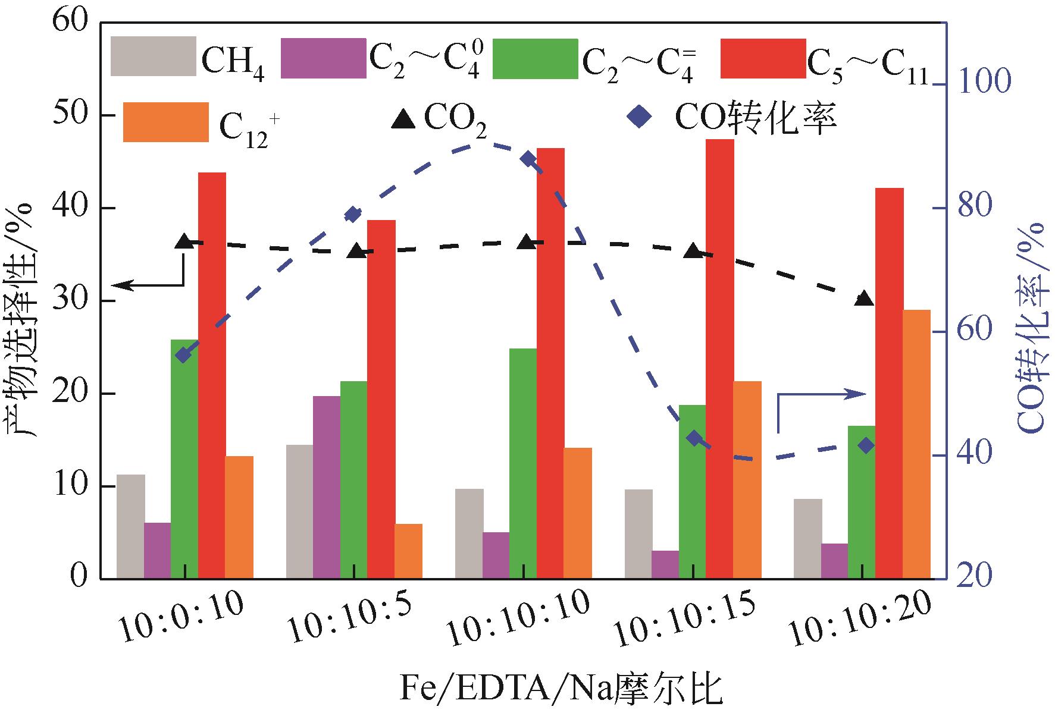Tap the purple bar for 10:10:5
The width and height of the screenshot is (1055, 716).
326,487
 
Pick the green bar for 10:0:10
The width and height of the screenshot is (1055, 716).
184,459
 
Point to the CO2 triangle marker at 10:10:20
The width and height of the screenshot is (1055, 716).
864,299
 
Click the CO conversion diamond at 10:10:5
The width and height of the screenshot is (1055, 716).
353,215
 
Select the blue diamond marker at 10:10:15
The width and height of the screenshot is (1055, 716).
694,438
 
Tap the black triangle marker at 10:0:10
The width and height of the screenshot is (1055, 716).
184,241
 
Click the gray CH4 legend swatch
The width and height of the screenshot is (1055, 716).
153,57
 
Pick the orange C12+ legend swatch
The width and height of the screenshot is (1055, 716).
165,122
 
